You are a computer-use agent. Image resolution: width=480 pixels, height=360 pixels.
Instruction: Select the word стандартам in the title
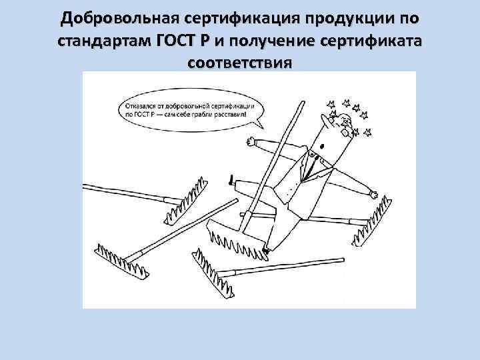tap(105, 41)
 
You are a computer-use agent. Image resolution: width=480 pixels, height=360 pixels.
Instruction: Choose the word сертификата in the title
tap(375, 41)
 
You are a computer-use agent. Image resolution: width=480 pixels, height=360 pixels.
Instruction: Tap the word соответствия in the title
tap(240, 64)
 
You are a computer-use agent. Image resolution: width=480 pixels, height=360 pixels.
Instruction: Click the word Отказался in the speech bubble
tap(143, 105)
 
